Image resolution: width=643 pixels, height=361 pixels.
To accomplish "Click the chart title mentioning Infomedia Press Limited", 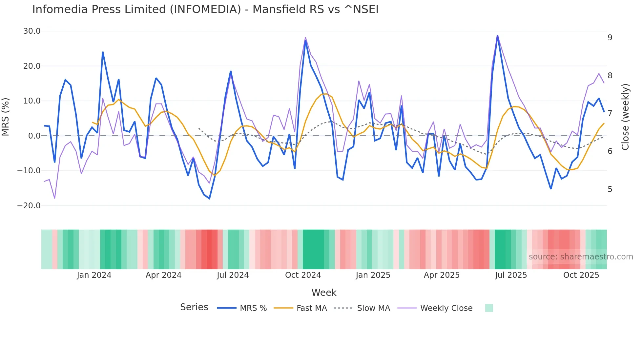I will pyautogui.click(x=205, y=9).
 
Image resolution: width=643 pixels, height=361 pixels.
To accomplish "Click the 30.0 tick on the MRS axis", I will pyautogui.click(x=32, y=31).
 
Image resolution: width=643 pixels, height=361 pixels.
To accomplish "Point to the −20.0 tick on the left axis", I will pyautogui.click(x=29, y=206).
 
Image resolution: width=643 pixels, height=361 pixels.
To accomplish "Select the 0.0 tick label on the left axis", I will pyautogui.click(x=34, y=136).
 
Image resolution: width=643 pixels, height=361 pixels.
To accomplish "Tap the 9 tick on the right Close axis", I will pyautogui.click(x=610, y=38).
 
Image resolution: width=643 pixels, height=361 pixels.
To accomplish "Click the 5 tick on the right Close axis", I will pyautogui.click(x=610, y=189).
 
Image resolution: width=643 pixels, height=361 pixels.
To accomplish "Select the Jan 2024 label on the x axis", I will pyautogui.click(x=94, y=275).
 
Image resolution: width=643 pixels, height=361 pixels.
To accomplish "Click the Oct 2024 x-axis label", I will pyautogui.click(x=303, y=275).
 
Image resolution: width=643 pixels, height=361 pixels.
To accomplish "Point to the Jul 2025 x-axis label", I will pyautogui.click(x=511, y=275).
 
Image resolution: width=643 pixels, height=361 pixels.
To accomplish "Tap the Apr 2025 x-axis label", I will pyautogui.click(x=442, y=275).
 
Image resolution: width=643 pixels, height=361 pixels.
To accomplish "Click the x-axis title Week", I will pyautogui.click(x=324, y=293).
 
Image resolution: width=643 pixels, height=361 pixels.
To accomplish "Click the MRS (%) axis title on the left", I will pyautogui.click(x=6, y=117).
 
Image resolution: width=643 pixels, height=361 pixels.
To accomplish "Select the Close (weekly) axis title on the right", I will pyautogui.click(x=625, y=117).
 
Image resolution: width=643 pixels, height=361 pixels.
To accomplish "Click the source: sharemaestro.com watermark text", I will pyautogui.click(x=581, y=257).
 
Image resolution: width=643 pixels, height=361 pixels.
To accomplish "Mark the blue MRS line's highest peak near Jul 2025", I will pyautogui.click(x=497, y=36).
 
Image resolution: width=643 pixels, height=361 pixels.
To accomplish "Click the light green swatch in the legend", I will pyautogui.click(x=489, y=308).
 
